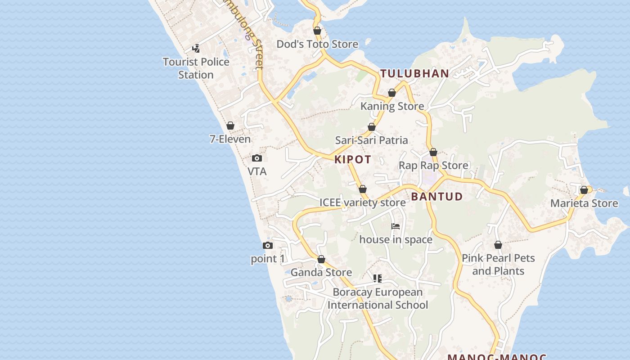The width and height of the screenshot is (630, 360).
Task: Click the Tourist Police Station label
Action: pyautogui.click(x=196, y=68)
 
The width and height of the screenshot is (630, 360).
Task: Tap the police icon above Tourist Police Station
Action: pyautogui.click(x=196, y=49)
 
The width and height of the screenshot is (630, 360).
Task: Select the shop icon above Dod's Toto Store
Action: pyautogui.click(x=317, y=31)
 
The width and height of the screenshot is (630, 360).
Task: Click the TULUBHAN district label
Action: pyautogui.click(x=414, y=73)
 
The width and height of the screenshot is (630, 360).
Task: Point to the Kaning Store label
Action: pyautogui.click(x=392, y=106)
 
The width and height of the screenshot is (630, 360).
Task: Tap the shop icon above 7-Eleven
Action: pyautogui.click(x=230, y=126)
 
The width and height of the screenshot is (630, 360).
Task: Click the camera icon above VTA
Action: pyautogui.click(x=257, y=158)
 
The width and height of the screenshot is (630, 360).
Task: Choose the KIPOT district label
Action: pyautogui.click(x=353, y=159)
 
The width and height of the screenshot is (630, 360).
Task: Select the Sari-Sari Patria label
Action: pyautogui.click(x=371, y=140)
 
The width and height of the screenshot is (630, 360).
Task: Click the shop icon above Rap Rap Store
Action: pyautogui.click(x=433, y=152)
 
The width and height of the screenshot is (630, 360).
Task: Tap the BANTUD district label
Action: pyautogui.click(x=436, y=196)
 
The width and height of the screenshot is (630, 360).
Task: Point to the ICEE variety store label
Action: pyautogui.click(x=362, y=202)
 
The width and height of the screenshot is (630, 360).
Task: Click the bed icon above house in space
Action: pyautogui.click(x=396, y=226)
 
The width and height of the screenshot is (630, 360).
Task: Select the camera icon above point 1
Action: pyautogui.click(x=268, y=245)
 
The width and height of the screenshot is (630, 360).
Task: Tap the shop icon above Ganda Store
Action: pyautogui.click(x=321, y=259)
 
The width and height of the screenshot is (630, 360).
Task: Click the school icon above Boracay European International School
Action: pyautogui.click(x=378, y=279)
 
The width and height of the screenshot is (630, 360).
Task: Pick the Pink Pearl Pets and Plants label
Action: pyautogui.click(x=498, y=264)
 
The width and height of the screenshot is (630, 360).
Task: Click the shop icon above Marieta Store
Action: pyautogui.click(x=584, y=190)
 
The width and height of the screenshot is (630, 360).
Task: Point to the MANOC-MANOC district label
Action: pyautogui.click(x=497, y=357)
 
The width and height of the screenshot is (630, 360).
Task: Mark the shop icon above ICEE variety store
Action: pyautogui.click(x=363, y=189)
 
